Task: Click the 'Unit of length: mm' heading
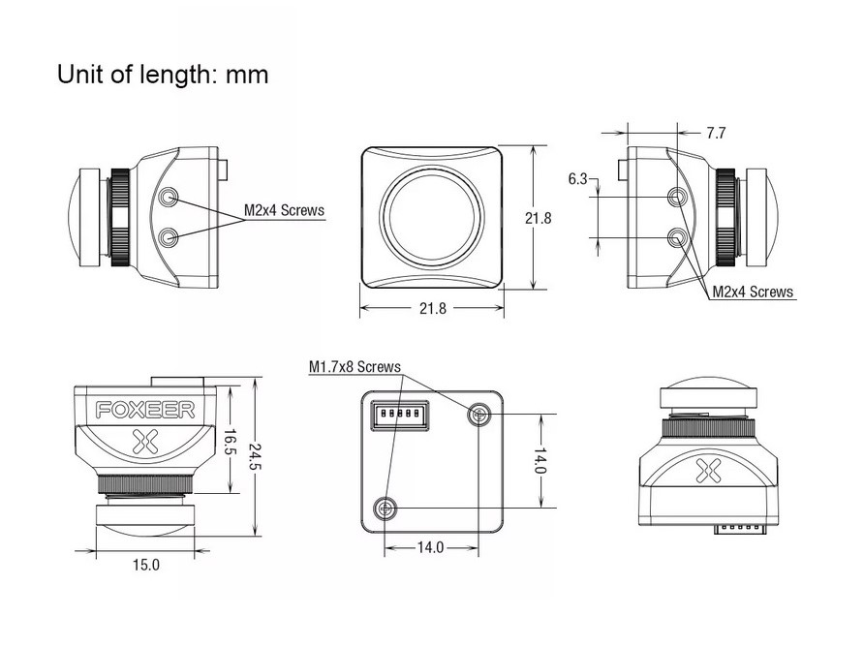[163, 74]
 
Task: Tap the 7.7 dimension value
[716, 134]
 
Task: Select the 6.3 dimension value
[577, 178]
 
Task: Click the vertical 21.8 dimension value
[539, 219]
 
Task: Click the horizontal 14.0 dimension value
[430, 547]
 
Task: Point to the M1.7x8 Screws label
[354, 367]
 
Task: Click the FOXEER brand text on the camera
[145, 410]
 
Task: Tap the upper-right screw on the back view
[478, 415]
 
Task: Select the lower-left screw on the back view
[386, 507]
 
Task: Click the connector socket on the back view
[397, 415]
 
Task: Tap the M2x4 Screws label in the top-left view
[283, 209]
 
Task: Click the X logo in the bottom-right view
[710, 472]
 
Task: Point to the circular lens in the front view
[432, 217]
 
